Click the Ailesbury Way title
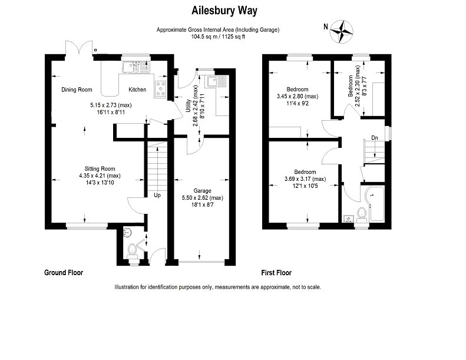[224, 11]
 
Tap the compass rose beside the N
[342, 31]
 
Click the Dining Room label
[77, 90]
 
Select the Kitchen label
[137, 90]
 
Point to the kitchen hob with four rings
[161, 89]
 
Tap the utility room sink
[217, 82]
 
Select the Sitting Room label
[100, 169]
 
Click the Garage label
[203, 190]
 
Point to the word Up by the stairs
[157, 195]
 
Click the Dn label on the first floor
[375, 138]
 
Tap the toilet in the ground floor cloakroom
[131, 252]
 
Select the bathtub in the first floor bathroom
[375, 204]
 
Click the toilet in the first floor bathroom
[362, 215]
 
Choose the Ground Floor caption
[64, 273]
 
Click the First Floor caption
[276, 273]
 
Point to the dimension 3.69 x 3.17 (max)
[305, 179]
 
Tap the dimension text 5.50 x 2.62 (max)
[203, 198]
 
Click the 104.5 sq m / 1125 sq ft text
[218, 37]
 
